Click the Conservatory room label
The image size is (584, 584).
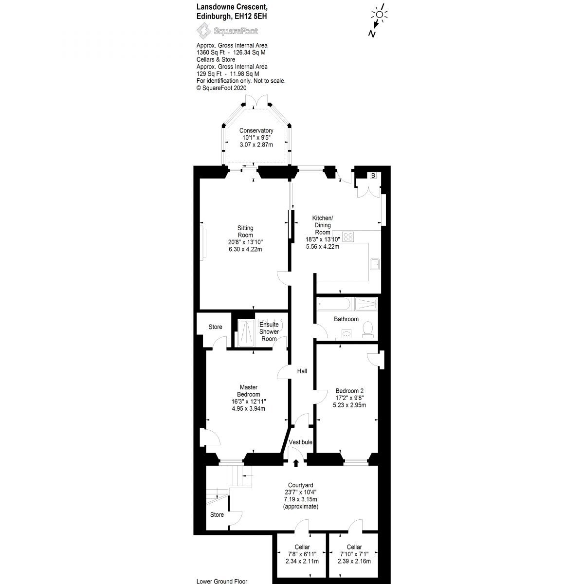pyautogui.click(x=256, y=131)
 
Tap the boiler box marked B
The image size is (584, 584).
pyautogui.click(x=373, y=176)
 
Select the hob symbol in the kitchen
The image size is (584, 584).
pyautogui.click(x=349, y=237)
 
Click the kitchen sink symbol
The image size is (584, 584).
pyautogui.click(x=375, y=264)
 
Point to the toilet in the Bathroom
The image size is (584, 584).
pyautogui.click(x=368, y=329)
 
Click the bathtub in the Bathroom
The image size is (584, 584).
pyautogui.click(x=333, y=305)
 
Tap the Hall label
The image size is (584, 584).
pyautogui.click(x=302, y=371)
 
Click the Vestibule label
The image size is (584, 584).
pyautogui.click(x=300, y=442)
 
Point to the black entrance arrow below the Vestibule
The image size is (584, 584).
pyautogui.click(x=296, y=462)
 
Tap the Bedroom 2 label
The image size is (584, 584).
pyautogui.click(x=349, y=391)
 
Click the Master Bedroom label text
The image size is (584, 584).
pyautogui.click(x=248, y=391)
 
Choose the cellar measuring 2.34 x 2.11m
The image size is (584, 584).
pyautogui.click(x=302, y=561)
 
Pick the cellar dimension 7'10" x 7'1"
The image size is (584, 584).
pyautogui.click(x=354, y=554)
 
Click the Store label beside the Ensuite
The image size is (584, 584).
pyautogui.click(x=215, y=327)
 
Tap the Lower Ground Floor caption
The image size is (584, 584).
pyautogui.click(x=221, y=581)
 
